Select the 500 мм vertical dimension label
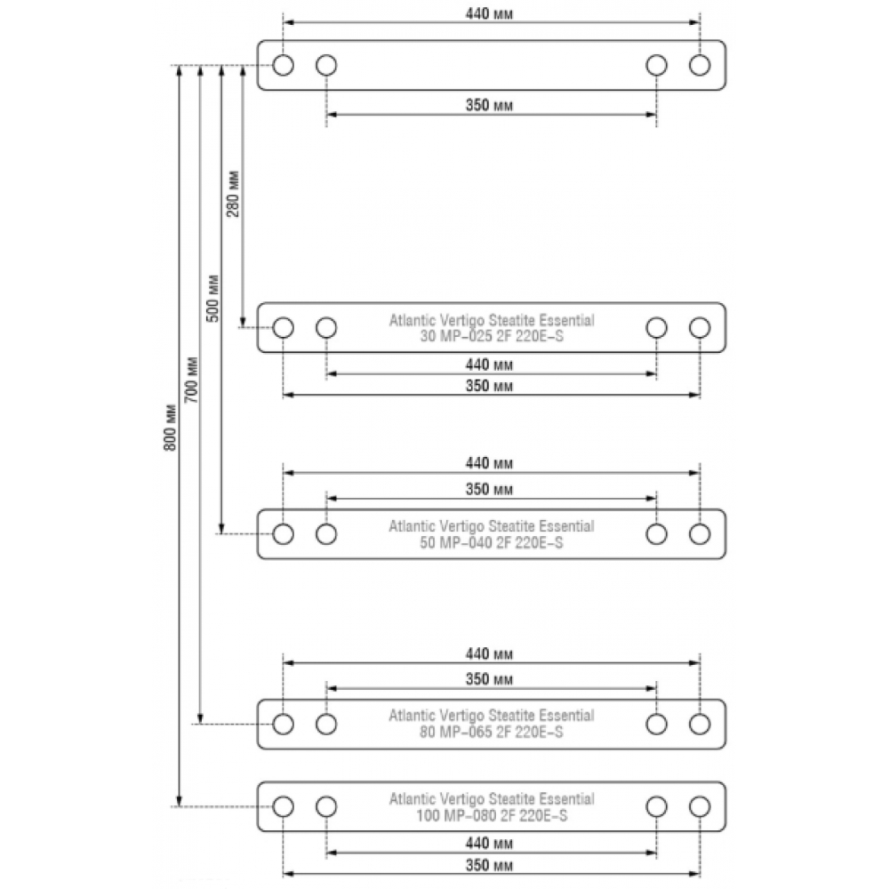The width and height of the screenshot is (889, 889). tap(212, 298)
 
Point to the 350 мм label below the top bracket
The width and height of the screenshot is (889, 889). tap(490, 106)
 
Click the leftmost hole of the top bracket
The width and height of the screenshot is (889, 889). tap(283, 65)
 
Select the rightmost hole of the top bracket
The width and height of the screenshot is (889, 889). tap(700, 65)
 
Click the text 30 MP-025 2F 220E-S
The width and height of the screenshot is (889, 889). tap(491, 336)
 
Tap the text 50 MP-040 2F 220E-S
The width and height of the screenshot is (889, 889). tap(491, 542)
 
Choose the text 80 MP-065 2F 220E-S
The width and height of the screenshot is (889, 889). tap(491, 733)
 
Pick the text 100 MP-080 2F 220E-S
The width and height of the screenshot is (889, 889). tap(491, 815)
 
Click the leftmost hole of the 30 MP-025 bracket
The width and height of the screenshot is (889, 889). tap(283, 327)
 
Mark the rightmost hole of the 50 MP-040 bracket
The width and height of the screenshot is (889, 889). tap(700, 533)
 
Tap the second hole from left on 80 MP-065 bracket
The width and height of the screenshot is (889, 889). tap(326, 724)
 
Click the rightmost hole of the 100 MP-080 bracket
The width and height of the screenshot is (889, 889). tap(700, 806)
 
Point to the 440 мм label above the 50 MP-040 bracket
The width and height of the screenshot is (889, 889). tap(490, 464)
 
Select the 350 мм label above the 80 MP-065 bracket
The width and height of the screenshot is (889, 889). tap(490, 680)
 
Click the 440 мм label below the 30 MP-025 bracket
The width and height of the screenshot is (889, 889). tap(490, 365)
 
